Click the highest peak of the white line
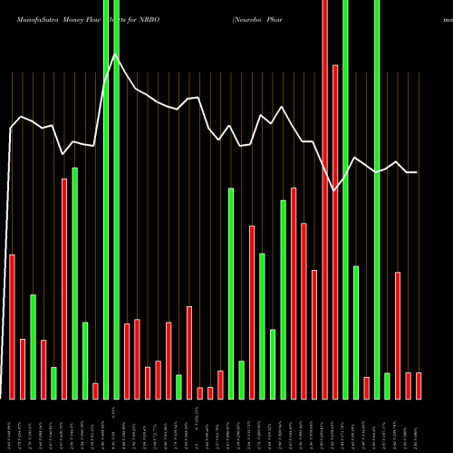click(115, 54)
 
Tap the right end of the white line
click(417, 172)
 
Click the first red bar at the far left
click(13, 326)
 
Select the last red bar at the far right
click(419, 385)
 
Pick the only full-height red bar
click(324, 199)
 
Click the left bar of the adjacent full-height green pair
click(105, 199)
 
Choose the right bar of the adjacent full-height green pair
click(116, 199)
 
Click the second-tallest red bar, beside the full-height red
click(335, 231)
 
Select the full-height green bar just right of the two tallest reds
click(345, 199)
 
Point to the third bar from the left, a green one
click(34, 346)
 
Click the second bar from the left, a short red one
click(23, 369)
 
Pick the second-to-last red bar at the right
click(408, 385)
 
